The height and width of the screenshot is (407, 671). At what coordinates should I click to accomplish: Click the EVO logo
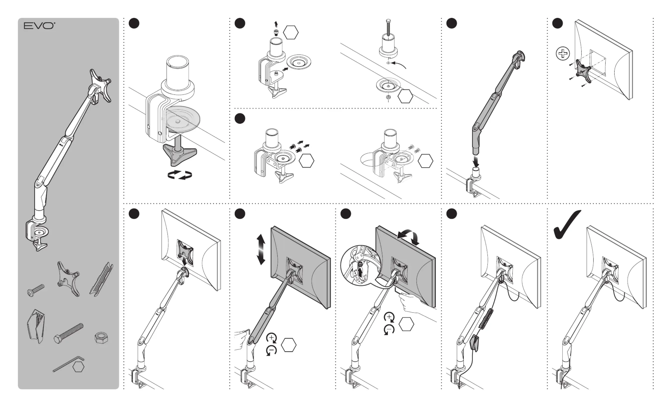point(39,26)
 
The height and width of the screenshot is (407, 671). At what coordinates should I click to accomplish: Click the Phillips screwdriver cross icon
point(563,53)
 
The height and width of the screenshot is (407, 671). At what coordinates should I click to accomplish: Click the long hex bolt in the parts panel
point(68,333)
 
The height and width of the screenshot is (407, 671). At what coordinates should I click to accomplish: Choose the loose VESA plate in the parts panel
point(68,279)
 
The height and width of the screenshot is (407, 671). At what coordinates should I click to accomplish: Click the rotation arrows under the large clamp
point(180,175)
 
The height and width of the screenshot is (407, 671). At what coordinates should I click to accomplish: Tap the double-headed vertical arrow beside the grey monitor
point(261,249)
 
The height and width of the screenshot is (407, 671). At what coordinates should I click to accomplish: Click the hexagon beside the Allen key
point(78,367)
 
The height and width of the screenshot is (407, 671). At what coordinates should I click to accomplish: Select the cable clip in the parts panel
point(36,326)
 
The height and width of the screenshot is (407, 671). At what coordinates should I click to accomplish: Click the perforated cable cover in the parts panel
point(101,279)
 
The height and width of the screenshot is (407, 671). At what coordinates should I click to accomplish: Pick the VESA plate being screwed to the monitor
point(583,72)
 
